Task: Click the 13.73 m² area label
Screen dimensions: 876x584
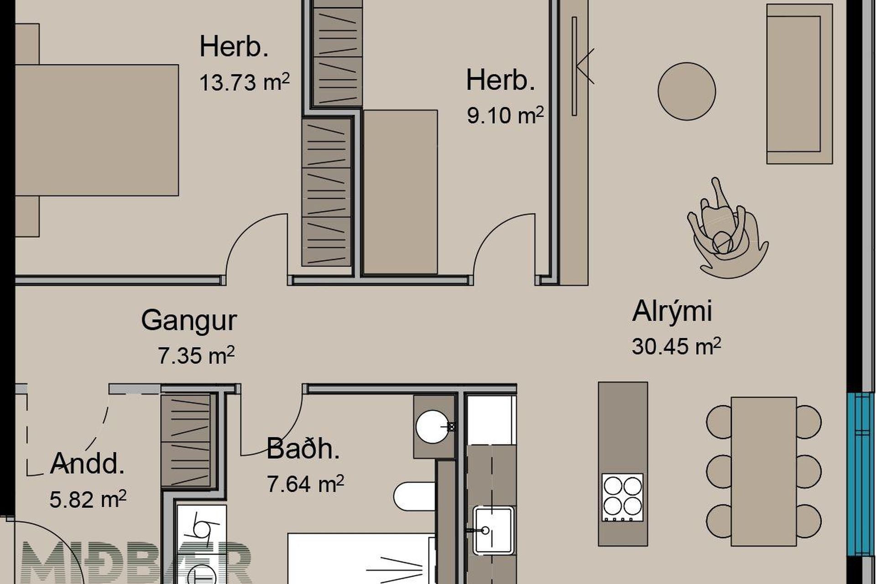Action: pyautogui.click(x=245, y=83)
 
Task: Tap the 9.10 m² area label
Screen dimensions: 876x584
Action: pyautogui.click(x=505, y=115)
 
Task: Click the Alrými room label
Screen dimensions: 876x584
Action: pyautogui.click(x=672, y=312)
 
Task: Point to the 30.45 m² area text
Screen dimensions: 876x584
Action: pyautogui.click(x=676, y=346)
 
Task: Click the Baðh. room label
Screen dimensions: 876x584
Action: pyautogui.click(x=303, y=448)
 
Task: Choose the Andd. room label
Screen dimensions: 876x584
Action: pyautogui.click(x=87, y=464)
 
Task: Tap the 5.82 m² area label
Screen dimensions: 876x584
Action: pyautogui.click(x=88, y=500)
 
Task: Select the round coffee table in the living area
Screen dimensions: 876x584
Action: pyautogui.click(x=687, y=91)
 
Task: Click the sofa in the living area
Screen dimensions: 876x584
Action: pyautogui.click(x=799, y=84)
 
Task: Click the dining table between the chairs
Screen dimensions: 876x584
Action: pyautogui.click(x=764, y=471)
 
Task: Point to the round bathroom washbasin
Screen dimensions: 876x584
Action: pyautogui.click(x=432, y=427)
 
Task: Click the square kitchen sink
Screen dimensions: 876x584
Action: pyautogui.click(x=493, y=530)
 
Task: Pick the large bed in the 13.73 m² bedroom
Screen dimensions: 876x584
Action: pyautogui.click(x=96, y=130)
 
